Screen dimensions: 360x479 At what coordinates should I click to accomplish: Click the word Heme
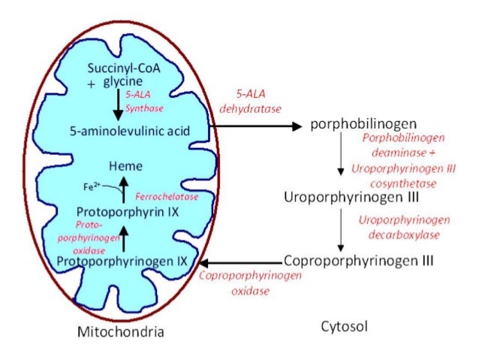[x=125, y=165]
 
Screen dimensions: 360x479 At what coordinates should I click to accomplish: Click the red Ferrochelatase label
[x=172, y=196]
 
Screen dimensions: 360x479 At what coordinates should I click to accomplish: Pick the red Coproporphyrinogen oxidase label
[x=250, y=283]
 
